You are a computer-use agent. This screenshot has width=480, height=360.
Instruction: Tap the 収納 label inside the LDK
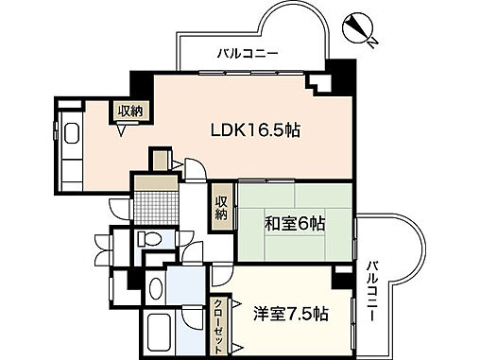click(x=129, y=111)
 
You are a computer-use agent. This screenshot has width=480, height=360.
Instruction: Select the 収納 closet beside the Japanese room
click(x=221, y=206)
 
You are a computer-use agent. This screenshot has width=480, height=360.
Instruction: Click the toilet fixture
click(x=149, y=240)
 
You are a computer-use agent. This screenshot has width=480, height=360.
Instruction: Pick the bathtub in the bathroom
click(x=163, y=334)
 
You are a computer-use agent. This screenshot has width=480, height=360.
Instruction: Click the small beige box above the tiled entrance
click(x=162, y=157)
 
